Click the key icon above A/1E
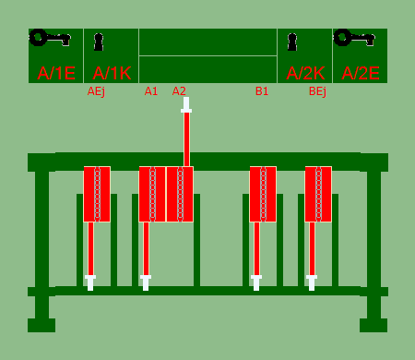coord(50,38)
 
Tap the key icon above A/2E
coord(354,38)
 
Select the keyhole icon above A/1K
coord(99,42)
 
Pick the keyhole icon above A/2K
coord(292,42)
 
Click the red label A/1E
coord(56,74)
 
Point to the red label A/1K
coord(112,74)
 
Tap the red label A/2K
coord(305,74)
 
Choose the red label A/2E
coord(361,74)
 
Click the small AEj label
coord(96,91)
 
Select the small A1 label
coord(151,91)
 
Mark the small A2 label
coord(179,91)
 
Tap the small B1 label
coord(262,91)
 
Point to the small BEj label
coord(317,91)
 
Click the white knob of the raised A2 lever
coord(186,105)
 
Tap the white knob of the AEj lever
coord(90,282)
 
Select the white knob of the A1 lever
coord(146,282)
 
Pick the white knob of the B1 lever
coord(256,282)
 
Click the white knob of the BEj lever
coord(312,282)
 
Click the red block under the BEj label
coord(318,194)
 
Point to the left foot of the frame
coord(41,325)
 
